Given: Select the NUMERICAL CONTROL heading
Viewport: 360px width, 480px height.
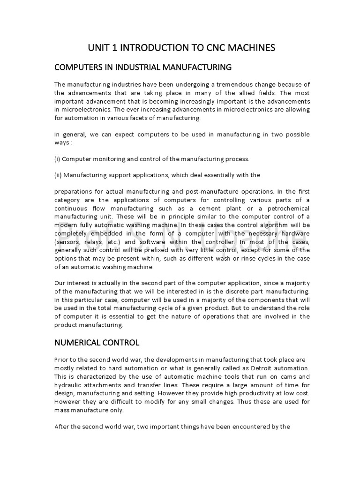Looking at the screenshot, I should click(97, 342).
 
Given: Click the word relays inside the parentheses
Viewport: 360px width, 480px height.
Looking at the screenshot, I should click(92, 242).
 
